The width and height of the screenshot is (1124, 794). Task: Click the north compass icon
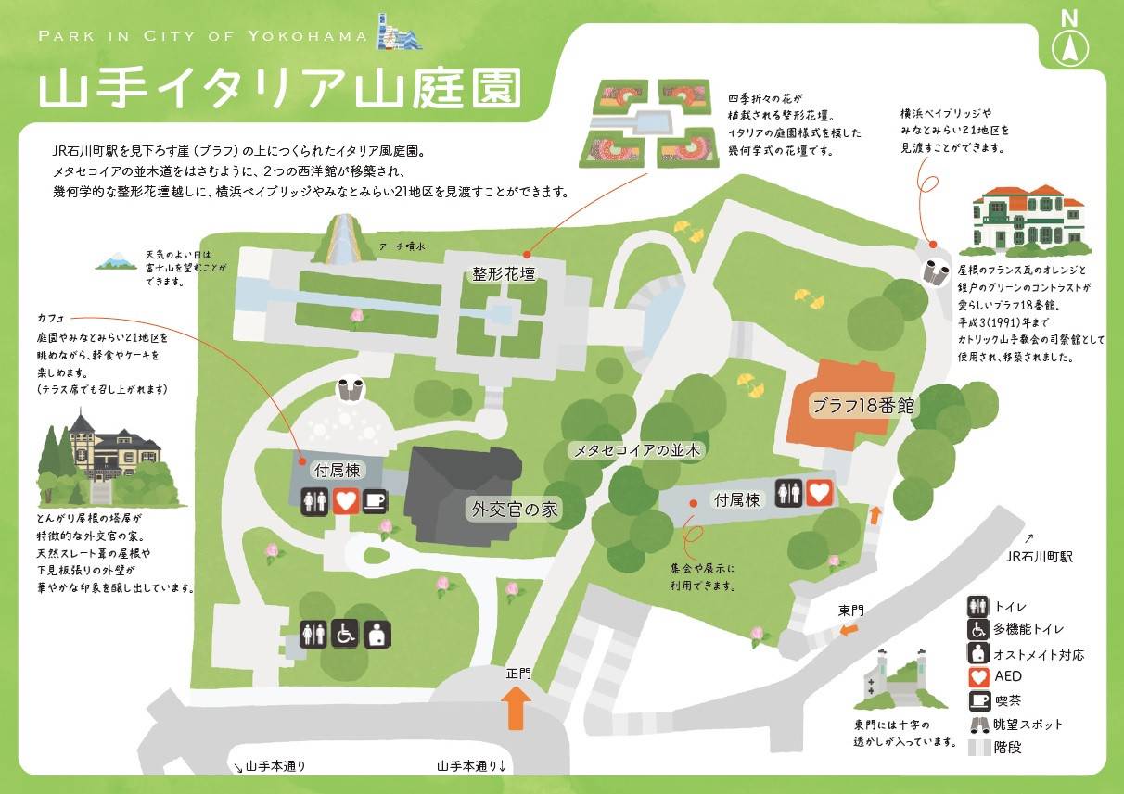(1070, 39)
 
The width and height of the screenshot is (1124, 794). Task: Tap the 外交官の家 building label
(516, 509)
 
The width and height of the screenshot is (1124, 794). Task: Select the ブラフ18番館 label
(858, 405)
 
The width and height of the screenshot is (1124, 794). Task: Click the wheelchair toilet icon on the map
(346, 634)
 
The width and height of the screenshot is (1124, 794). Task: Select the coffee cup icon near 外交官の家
(374, 501)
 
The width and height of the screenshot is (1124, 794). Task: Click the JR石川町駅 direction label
(1039, 556)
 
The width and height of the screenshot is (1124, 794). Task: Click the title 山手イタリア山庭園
(278, 90)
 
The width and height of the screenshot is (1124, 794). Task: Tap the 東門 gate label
(850, 611)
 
